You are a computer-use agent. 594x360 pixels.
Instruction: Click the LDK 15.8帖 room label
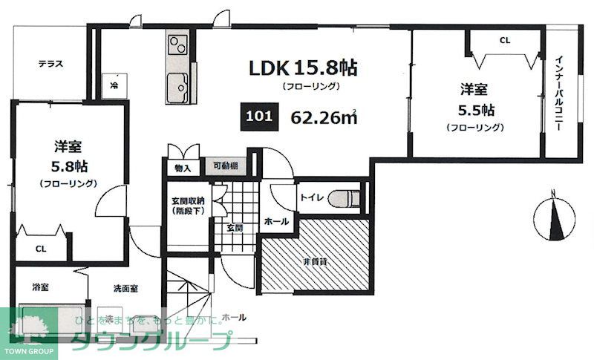coord(303,68)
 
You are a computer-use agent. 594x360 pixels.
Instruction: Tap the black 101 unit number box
coord(256,117)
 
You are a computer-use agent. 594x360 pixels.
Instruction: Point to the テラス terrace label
coord(50,64)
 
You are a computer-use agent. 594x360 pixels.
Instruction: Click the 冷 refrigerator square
coord(115,85)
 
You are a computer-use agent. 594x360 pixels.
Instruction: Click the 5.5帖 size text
coord(475,110)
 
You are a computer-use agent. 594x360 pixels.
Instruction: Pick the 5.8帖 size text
coord(67,164)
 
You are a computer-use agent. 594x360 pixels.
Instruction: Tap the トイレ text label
coord(310,198)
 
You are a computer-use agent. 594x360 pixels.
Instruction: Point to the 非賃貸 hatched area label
coord(315,261)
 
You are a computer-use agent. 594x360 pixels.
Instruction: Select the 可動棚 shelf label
coord(224,167)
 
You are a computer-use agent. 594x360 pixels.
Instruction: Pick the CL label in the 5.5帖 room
coord(505,41)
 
